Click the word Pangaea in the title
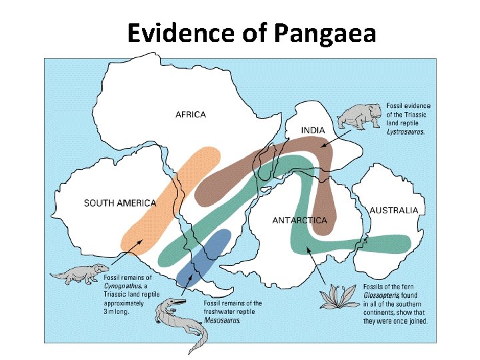pos(325,33)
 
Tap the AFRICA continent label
pos(191,114)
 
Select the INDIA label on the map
pos(313,130)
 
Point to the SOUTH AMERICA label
pos(120,203)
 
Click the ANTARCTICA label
pos(299,220)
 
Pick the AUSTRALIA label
pos(394,210)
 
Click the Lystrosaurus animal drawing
pos(358,116)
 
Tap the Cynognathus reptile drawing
pos(79,273)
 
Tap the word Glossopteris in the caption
pos(381,295)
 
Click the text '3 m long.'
pos(117,311)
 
